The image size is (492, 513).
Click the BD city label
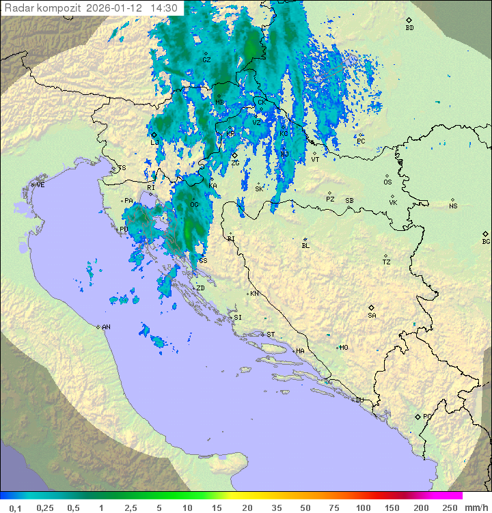click(409, 28)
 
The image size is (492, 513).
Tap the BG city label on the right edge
click(486, 241)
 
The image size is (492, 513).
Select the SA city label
click(372, 315)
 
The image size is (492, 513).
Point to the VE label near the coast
click(40, 185)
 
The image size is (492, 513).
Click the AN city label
click(106, 327)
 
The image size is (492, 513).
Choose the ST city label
click(271, 335)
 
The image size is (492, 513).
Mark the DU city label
click(359, 400)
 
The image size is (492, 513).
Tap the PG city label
click(427, 416)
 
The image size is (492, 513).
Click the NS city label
click(453, 206)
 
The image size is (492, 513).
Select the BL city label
click(305, 245)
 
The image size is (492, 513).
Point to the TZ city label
click(387, 262)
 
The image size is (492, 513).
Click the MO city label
click(344, 348)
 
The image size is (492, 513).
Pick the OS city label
click(387, 182)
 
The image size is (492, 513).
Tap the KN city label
click(254, 294)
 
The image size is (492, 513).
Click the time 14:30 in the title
click(164, 8)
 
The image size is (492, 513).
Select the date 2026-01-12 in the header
click(115, 8)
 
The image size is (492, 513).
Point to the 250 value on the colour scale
click(449, 508)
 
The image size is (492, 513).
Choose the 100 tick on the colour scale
click(363, 508)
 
